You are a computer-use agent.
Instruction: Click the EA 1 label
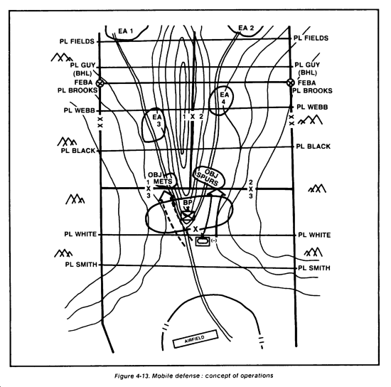125,31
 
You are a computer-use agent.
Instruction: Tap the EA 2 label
246,28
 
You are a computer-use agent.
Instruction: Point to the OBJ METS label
161,178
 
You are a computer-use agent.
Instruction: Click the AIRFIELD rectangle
195,339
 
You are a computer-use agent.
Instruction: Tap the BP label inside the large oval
188,202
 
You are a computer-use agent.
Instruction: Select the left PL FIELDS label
77,41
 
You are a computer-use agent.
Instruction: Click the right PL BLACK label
313,147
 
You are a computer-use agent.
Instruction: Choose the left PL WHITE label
80,234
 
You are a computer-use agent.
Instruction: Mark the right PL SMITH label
314,267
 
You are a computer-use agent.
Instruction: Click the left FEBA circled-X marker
100,83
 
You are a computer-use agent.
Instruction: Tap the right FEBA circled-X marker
290,83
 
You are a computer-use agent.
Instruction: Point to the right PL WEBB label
312,107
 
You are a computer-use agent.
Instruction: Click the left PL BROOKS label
77,90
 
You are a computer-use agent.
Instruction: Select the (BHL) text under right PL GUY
308,73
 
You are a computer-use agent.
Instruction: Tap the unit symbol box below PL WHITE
203,241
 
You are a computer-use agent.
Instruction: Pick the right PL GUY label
307,65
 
